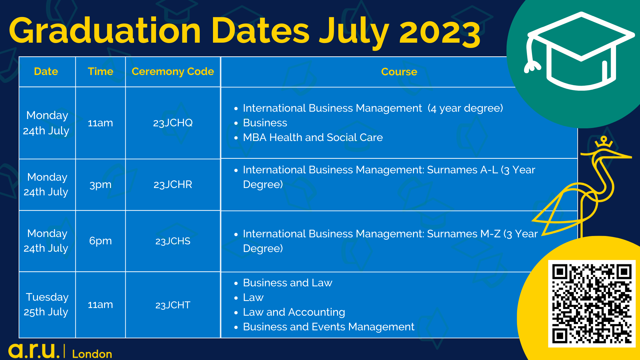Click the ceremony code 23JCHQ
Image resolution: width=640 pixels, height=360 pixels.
173,123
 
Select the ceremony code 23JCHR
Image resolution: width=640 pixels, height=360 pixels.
173,185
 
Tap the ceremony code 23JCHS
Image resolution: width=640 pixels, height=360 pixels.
173,241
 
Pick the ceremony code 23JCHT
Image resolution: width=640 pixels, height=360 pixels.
173,305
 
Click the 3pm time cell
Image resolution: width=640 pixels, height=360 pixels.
100,185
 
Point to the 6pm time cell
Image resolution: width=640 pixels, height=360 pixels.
100,241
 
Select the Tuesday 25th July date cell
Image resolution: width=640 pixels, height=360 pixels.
47,304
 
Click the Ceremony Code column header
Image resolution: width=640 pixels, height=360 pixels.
173,71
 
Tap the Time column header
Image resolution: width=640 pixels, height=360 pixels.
100,71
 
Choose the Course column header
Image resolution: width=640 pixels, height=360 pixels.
399,72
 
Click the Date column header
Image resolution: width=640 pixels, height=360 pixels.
46,71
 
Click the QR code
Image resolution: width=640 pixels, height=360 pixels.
592,304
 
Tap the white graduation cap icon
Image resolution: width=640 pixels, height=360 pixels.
580,52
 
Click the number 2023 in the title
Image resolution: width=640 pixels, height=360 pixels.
440,32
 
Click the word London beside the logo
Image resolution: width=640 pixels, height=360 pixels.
92,354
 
